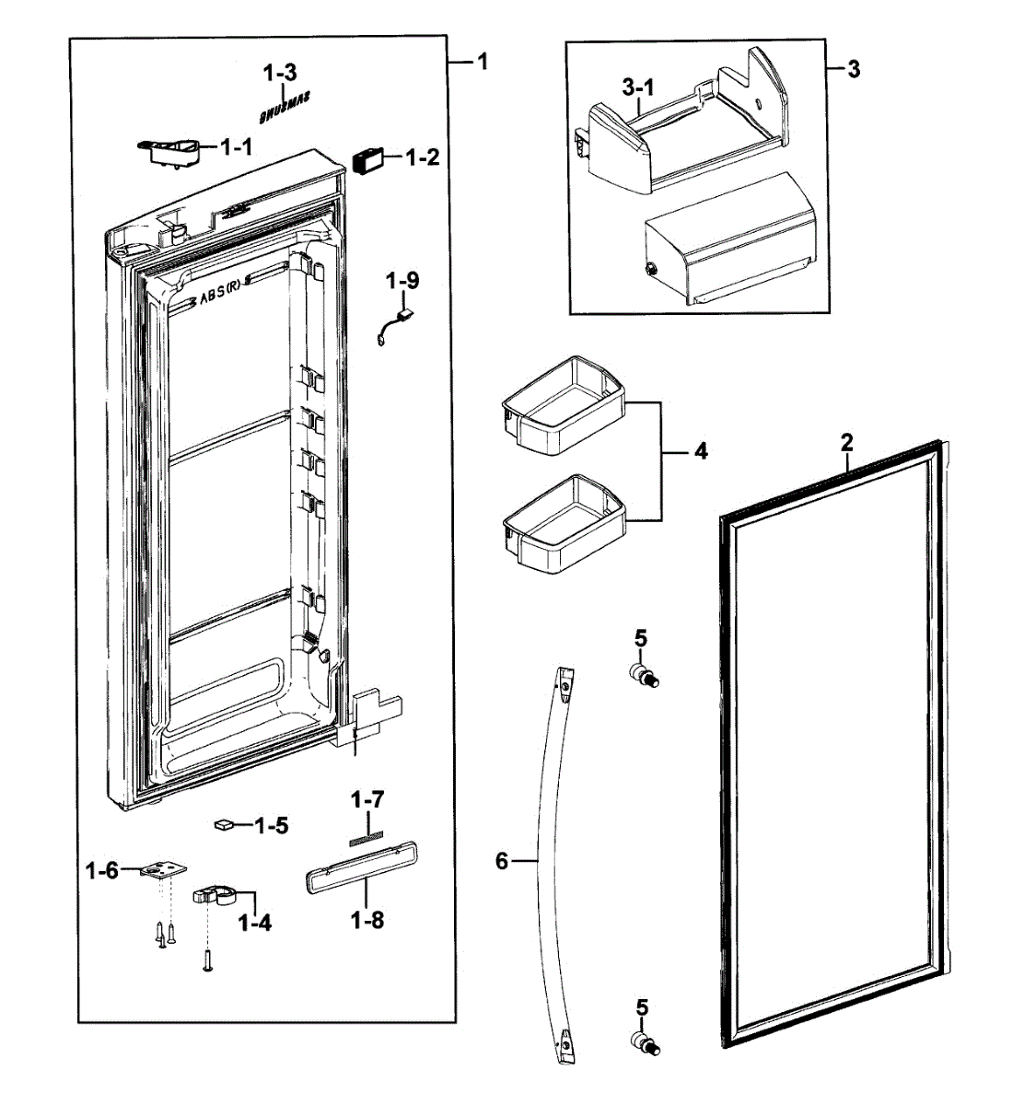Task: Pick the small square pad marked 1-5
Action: click(222, 825)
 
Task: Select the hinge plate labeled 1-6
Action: click(161, 870)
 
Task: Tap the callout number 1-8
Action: click(367, 918)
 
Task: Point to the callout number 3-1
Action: click(637, 87)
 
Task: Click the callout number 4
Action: click(701, 451)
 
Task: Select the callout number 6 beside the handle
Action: click(502, 861)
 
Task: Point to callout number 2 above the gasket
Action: click(846, 442)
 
